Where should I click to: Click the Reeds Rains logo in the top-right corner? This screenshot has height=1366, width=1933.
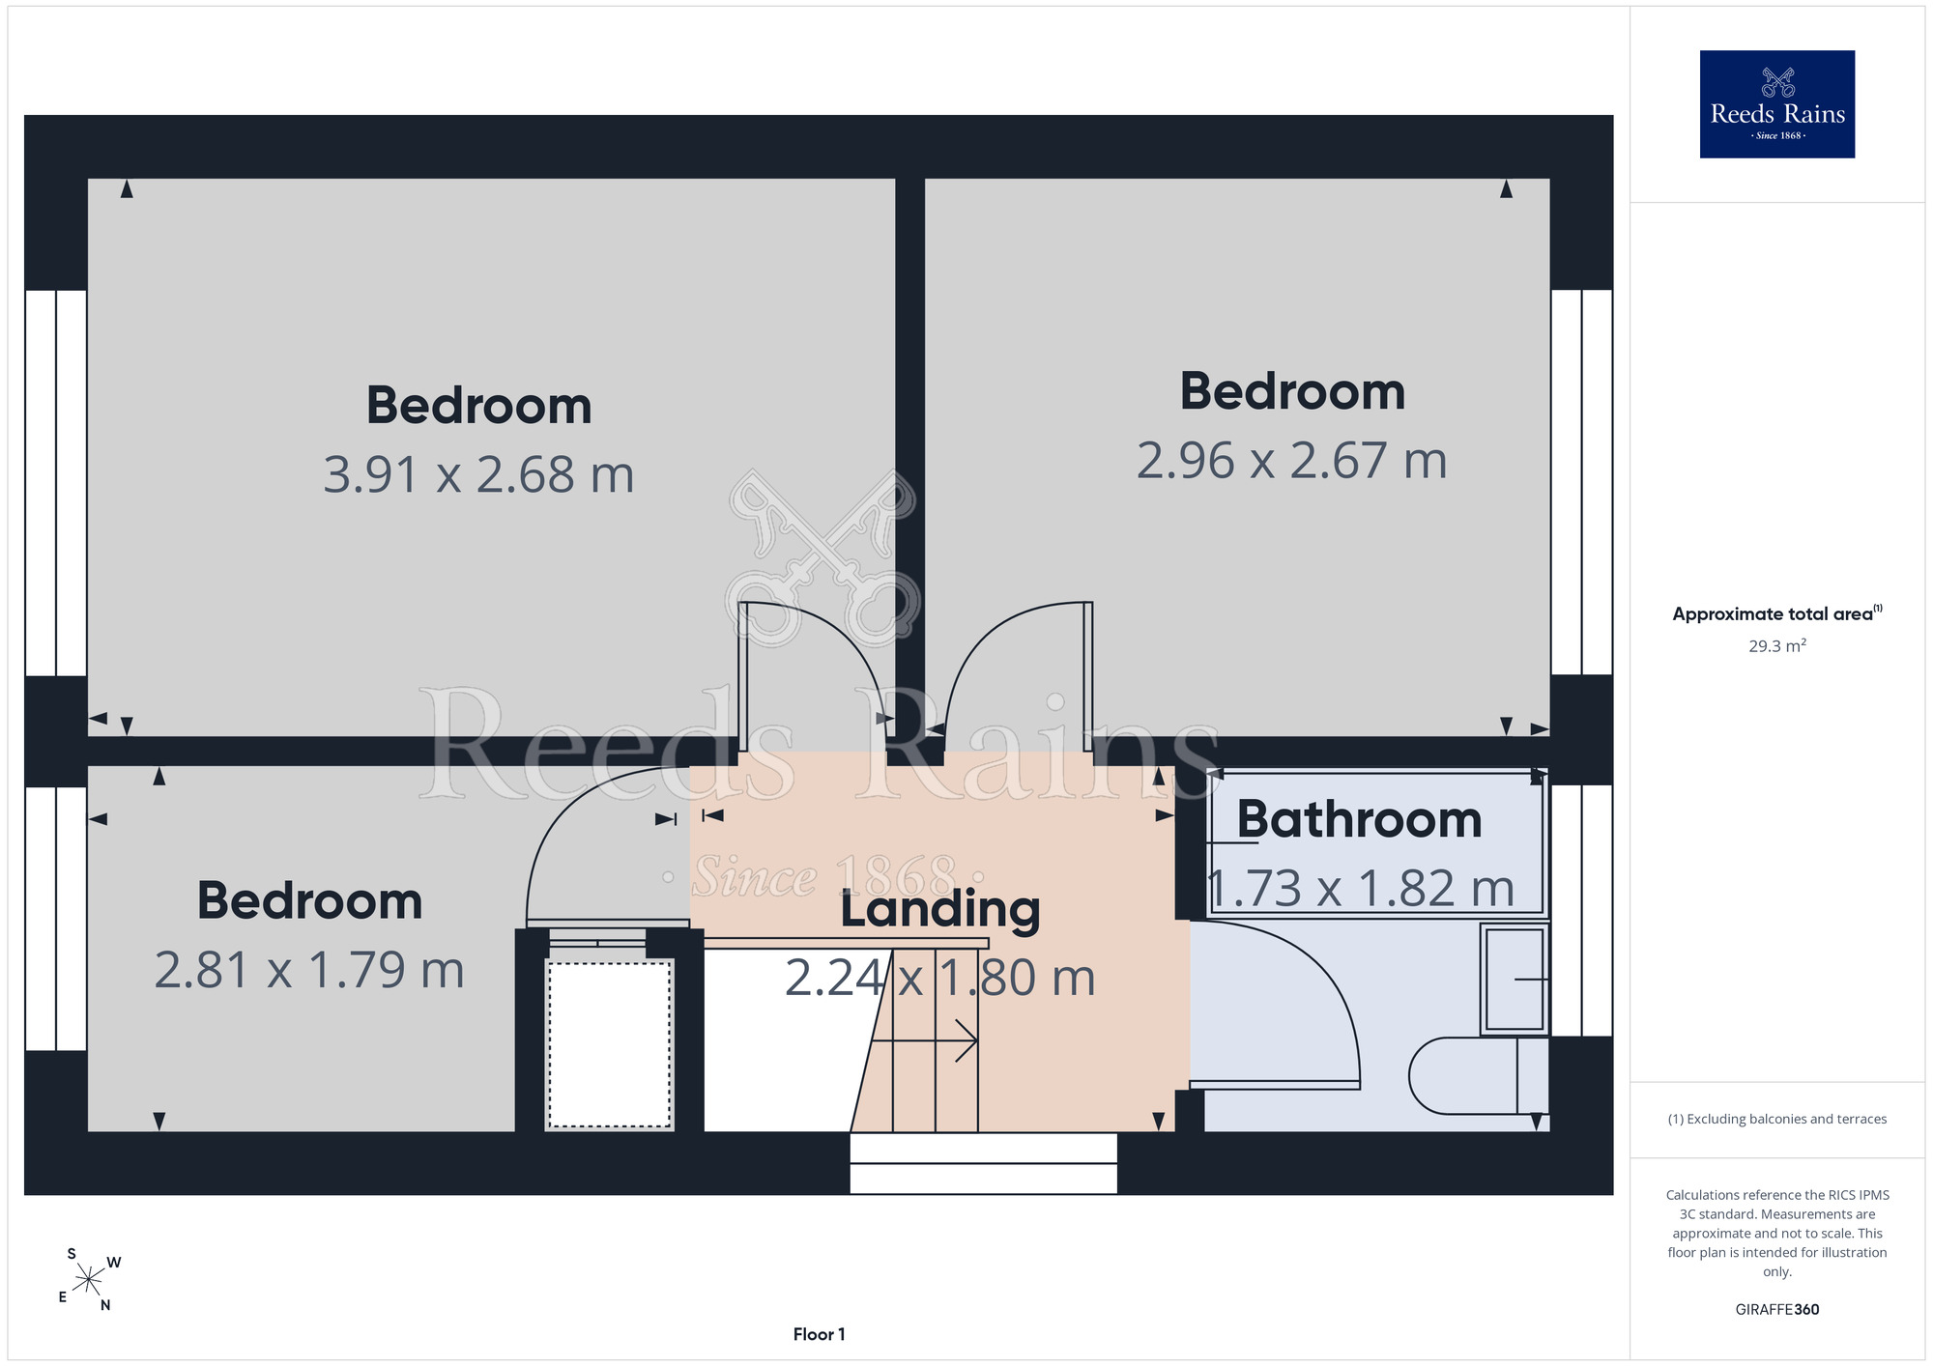pyautogui.click(x=1776, y=104)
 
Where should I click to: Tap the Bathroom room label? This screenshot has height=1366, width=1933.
pyautogui.click(x=1359, y=820)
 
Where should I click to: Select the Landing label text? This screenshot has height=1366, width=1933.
pyautogui.click(x=939, y=909)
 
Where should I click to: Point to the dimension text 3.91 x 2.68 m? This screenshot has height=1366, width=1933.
pyautogui.click(x=478, y=474)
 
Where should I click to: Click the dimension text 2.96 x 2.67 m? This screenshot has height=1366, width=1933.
pyautogui.click(x=1291, y=460)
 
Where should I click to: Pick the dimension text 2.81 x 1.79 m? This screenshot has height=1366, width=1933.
pyautogui.click(x=309, y=970)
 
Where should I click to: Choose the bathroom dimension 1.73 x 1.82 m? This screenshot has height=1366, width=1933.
pyautogui.click(x=1361, y=889)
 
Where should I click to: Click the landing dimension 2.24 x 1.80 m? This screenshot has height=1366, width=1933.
pyautogui.click(x=939, y=978)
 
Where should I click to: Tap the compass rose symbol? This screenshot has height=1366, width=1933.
pyautogui.click(x=89, y=1280)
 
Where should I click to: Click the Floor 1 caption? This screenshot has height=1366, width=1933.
pyautogui.click(x=819, y=1334)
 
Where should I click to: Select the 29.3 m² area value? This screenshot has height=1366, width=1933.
pyautogui.click(x=1776, y=645)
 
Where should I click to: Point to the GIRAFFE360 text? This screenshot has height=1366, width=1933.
pyautogui.click(x=1776, y=1310)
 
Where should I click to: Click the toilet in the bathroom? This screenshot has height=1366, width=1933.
pyautogui.click(x=1478, y=1075)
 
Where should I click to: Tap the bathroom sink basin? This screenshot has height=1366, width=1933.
pyautogui.click(x=1515, y=979)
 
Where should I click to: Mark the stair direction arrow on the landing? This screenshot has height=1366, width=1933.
pyautogui.click(x=924, y=1041)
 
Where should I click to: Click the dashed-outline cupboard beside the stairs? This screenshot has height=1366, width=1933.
pyautogui.click(x=609, y=1043)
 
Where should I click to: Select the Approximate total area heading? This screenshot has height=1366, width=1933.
pyautogui.click(x=1776, y=613)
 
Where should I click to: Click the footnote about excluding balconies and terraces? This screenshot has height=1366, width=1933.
pyautogui.click(x=1776, y=1119)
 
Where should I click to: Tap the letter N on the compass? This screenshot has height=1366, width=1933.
pyautogui.click(x=105, y=1305)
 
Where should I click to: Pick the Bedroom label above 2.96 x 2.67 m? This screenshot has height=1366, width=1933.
pyautogui.click(x=1292, y=391)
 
